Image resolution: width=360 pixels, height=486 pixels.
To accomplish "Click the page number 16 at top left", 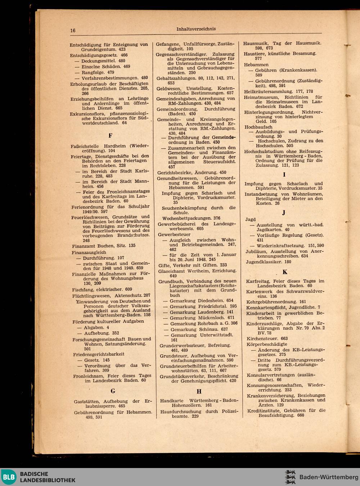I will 73,31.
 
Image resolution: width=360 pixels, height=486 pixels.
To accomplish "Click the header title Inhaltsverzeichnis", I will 196,29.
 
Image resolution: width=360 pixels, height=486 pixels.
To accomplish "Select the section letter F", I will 110,136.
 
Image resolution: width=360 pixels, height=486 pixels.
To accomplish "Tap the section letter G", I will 113,391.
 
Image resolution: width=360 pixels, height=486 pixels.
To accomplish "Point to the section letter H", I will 199,391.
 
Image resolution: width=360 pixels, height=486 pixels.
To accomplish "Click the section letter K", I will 285,272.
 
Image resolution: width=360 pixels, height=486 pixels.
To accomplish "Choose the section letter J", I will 284,213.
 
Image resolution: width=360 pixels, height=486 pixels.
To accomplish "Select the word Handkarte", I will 172,400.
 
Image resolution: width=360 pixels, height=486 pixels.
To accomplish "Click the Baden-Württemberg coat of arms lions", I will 290,477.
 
